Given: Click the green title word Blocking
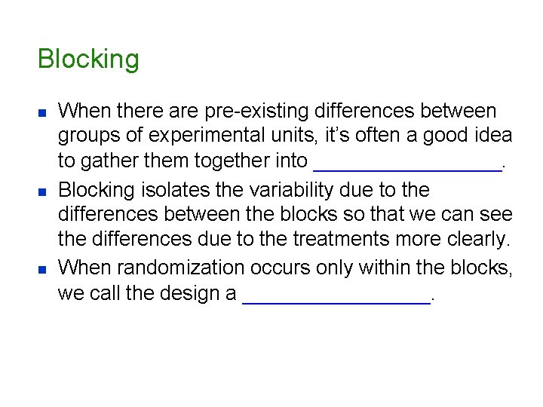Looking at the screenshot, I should [88, 59].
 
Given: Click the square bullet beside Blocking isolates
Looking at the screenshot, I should [41, 191].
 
